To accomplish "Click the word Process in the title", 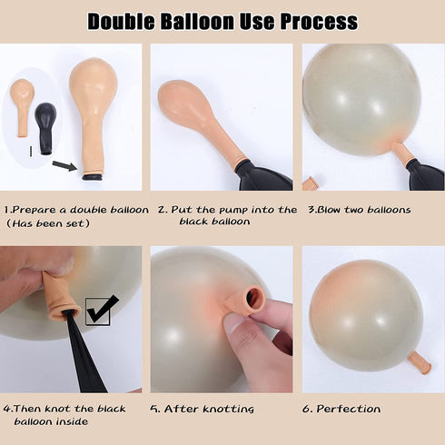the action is click(319, 22).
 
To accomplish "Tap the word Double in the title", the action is click(121, 22).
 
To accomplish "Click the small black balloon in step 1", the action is click(45, 129).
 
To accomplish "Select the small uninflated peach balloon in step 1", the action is click(22, 106).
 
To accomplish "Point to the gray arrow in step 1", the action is click(64, 165).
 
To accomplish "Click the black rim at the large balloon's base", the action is click(93, 176).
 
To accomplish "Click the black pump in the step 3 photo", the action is click(426, 175).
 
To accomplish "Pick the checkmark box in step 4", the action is click(98, 311).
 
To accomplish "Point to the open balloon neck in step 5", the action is click(255, 299).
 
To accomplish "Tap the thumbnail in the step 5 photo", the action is click(233, 322).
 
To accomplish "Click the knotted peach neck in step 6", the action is click(420, 362).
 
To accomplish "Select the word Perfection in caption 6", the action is click(349, 409).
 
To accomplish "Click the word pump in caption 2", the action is click(233, 211).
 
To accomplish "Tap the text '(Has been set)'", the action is click(48, 223).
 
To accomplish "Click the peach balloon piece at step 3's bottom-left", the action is click(310, 183).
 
